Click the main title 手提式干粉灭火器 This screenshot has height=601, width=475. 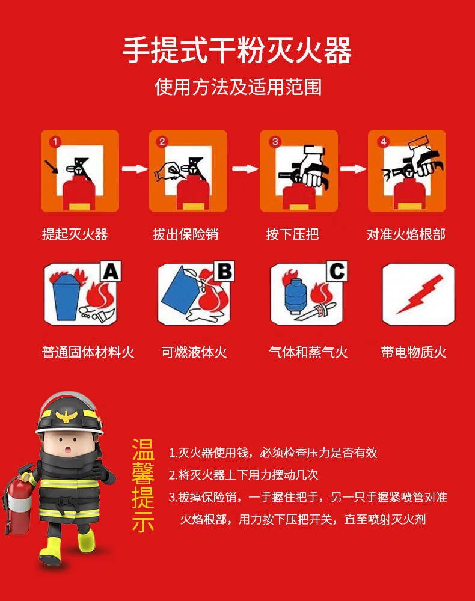pos(237,50)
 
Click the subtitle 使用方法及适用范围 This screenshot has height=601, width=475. pos(237,87)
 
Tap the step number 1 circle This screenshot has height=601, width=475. pos(55,142)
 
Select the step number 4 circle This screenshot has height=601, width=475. pos(382,142)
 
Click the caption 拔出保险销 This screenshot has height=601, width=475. pos(186,234)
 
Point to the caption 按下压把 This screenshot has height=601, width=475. pos(292,234)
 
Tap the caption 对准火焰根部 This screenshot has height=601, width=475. pos(406,234)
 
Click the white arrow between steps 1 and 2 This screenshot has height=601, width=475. pos(135,169)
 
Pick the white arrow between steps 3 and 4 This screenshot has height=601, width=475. pos(353,169)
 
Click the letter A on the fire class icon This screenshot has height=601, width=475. pos(111,272)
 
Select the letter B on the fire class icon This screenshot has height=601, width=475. pos(224,272)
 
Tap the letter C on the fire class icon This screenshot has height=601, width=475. pos(337,272)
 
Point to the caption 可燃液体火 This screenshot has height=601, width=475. pos(194,352)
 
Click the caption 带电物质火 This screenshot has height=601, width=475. pos(414,352)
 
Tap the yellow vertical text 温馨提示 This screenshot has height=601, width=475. pos(143,486)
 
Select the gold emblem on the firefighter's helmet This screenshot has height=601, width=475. pos(67,416)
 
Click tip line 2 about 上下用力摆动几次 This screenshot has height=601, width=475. pos(244,475)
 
